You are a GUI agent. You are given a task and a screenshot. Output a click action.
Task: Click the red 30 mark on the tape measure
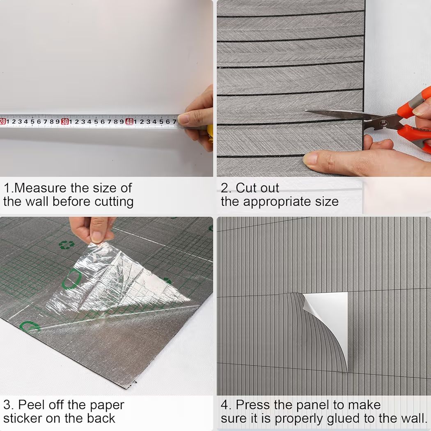pyautogui.click(x=65, y=122)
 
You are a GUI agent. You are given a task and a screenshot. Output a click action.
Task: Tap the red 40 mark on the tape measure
pyautogui.click(x=129, y=122)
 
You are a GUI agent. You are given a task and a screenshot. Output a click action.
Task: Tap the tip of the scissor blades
pyautogui.click(x=306, y=111)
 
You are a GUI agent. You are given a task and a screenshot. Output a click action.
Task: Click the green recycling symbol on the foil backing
pyautogui.click(x=66, y=244)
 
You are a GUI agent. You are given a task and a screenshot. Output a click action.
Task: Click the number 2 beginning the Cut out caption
pyautogui.click(x=225, y=188)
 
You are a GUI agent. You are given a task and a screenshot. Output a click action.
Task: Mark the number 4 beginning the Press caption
pyautogui.click(x=225, y=405)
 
